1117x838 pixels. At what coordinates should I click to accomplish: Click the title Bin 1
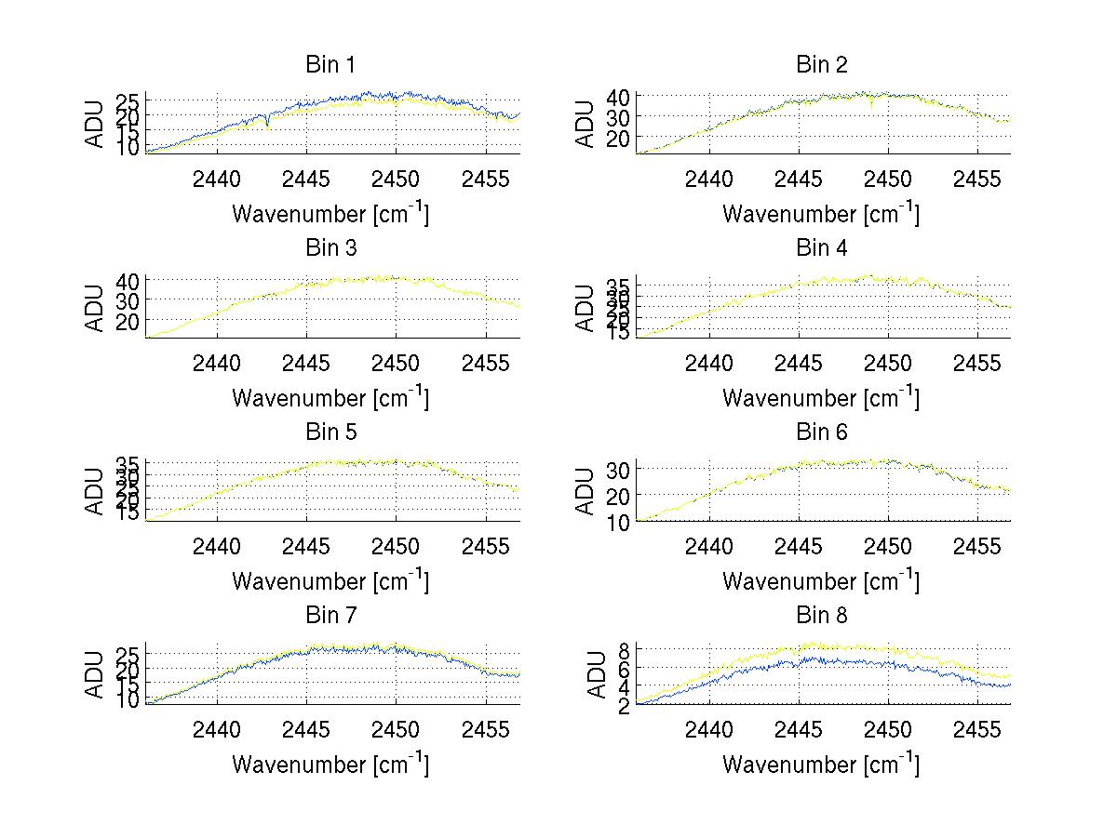(330, 65)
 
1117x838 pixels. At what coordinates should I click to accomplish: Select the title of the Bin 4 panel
(821, 248)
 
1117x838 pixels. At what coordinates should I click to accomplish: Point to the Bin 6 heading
(821, 432)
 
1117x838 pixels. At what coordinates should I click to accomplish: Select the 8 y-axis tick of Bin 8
(626, 648)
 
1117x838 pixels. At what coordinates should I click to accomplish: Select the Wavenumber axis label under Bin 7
(330, 764)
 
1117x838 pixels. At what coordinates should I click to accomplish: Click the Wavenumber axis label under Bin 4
(821, 397)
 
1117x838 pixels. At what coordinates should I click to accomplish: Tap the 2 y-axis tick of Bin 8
(626, 705)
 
